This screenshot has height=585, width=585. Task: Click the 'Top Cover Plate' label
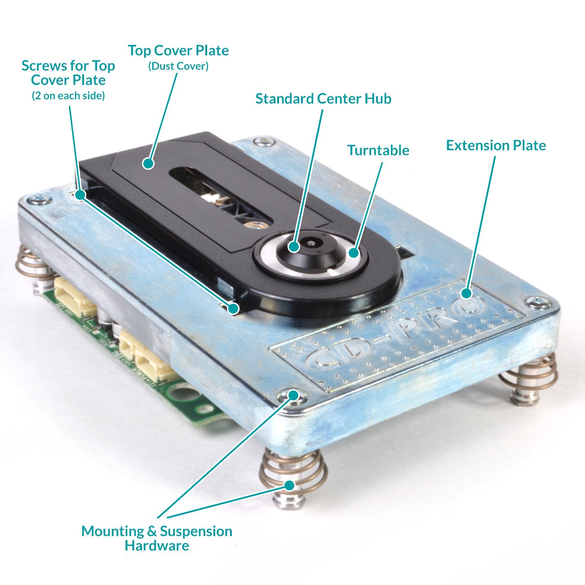click(x=178, y=50)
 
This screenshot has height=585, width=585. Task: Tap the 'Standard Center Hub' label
click(x=324, y=99)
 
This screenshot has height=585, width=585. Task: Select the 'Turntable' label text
click(x=378, y=150)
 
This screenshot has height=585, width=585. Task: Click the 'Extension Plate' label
click(x=496, y=146)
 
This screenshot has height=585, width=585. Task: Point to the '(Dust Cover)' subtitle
click(x=178, y=66)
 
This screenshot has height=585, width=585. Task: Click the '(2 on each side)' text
click(x=68, y=96)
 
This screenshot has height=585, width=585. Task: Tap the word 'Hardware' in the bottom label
click(x=157, y=545)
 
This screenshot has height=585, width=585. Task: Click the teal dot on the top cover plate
click(x=148, y=164)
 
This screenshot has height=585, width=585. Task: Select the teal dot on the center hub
click(x=293, y=246)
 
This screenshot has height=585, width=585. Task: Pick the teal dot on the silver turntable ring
click(x=354, y=253)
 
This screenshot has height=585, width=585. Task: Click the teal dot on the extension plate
click(x=466, y=293)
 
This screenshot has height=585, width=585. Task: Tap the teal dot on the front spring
click(x=290, y=485)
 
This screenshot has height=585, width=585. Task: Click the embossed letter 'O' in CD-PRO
click(x=468, y=306)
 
